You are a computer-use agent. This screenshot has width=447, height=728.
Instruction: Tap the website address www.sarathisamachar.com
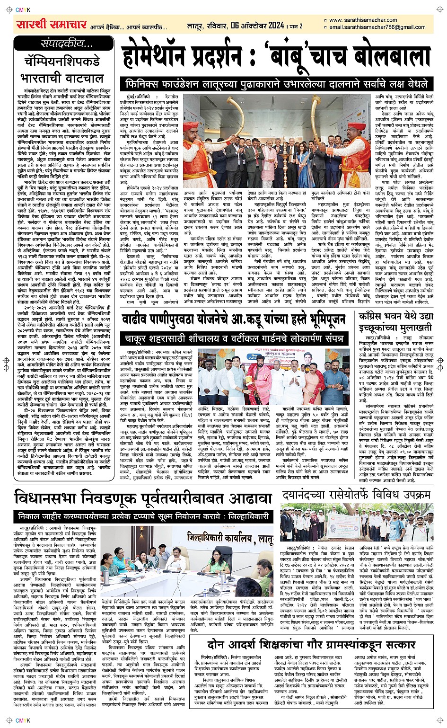(363, 20)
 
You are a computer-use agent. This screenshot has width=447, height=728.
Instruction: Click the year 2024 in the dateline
(272, 26)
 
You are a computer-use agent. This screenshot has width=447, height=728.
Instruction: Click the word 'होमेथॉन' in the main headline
(153, 58)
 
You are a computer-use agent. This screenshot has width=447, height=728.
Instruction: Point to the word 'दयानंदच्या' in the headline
(310, 495)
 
